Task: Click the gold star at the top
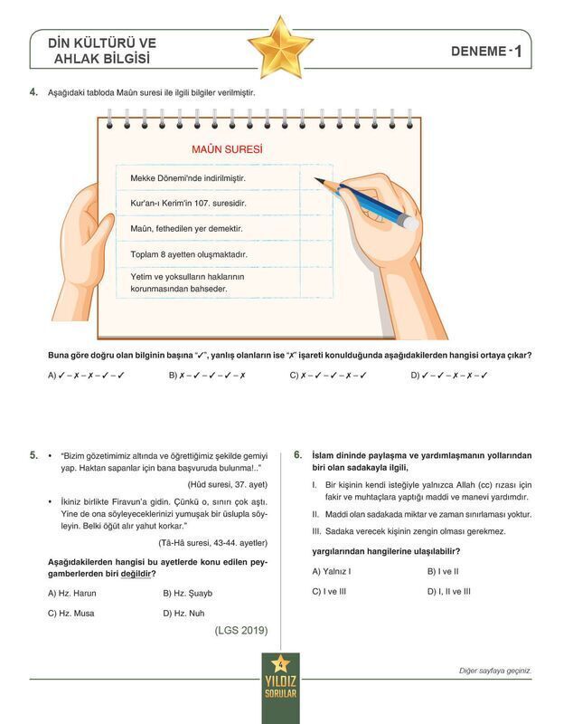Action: click(280, 47)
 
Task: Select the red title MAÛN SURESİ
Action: click(227, 148)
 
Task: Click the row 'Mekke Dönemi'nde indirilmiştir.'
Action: click(188, 178)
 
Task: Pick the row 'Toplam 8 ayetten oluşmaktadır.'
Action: click(189, 254)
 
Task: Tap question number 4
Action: click(33, 92)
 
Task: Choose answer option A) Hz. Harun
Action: click(72, 594)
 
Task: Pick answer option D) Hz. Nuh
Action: click(183, 614)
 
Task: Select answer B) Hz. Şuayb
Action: click(188, 594)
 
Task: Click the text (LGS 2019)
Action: click(241, 632)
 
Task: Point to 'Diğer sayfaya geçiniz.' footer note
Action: click(495, 671)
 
